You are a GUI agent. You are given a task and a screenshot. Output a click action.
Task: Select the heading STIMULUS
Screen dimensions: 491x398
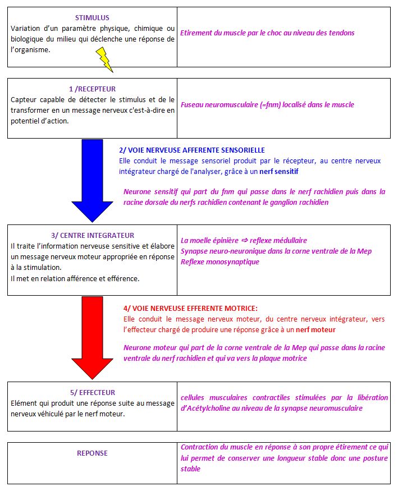(x=92, y=18)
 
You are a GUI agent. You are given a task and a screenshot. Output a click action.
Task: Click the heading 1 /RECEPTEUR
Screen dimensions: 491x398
(x=92, y=89)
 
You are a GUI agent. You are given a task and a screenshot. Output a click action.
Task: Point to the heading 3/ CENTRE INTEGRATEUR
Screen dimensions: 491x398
(x=92, y=236)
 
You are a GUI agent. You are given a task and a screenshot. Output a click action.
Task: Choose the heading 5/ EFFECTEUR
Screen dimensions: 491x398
(x=92, y=393)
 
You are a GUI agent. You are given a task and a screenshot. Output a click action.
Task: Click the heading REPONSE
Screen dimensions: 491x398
(x=92, y=453)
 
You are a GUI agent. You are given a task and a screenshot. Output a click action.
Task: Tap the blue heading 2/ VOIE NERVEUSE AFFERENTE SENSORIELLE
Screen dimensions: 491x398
(x=191, y=150)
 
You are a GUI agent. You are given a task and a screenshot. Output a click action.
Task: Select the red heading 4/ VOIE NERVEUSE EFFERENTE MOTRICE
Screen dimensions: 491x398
(x=190, y=308)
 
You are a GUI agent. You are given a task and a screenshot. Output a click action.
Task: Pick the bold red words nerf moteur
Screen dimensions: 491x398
(x=313, y=329)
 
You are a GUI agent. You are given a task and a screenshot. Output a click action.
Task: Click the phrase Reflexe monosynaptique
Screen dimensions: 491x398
(x=220, y=261)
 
